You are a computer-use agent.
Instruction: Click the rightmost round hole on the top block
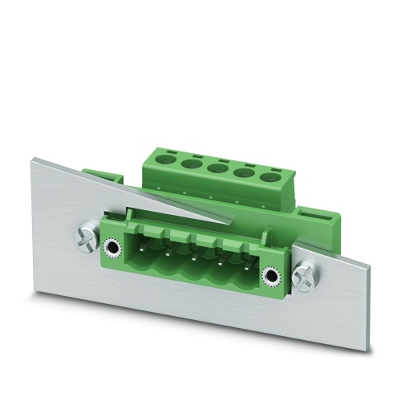[270, 178]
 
